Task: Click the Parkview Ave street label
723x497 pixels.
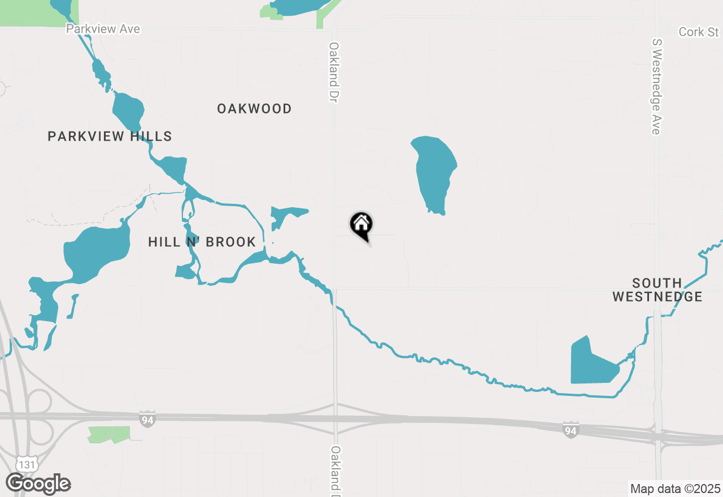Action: (x=103, y=29)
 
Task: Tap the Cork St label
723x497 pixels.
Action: (x=699, y=32)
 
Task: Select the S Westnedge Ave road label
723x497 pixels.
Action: (x=656, y=86)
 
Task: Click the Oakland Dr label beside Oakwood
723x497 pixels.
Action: (x=334, y=72)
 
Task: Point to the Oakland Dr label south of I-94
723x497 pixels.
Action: (x=336, y=469)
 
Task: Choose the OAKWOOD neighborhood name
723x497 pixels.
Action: (x=254, y=108)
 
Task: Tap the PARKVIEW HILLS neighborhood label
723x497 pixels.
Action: (x=110, y=136)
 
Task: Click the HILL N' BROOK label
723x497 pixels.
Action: (x=202, y=242)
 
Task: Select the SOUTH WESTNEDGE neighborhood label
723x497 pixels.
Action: (x=657, y=290)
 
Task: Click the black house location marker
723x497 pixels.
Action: (x=361, y=225)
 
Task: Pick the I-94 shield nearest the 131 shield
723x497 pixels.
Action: (x=147, y=418)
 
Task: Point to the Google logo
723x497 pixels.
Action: (x=38, y=484)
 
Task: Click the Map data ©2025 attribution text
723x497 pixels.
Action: (x=675, y=489)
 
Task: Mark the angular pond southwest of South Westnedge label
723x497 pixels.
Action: (x=590, y=364)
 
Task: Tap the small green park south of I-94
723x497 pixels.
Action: (x=108, y=434)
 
